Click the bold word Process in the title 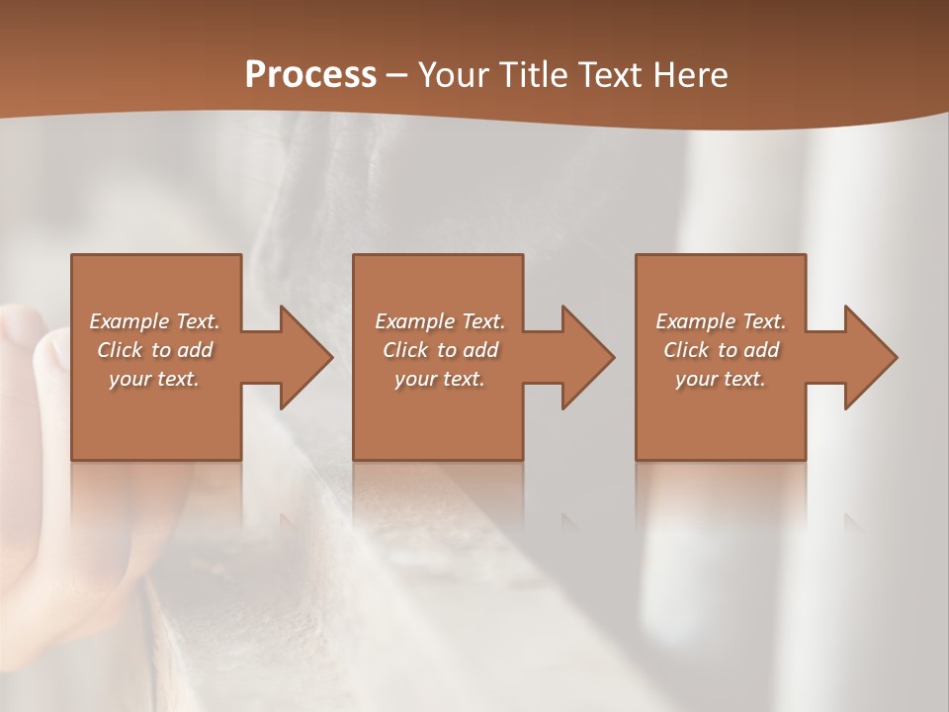click(x=310, y=74)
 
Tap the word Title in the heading click(x=528, y=74)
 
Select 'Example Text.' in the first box click(x=154, y=321)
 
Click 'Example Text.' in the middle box click(x=440, y=321)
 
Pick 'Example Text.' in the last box click(x=721, y=321)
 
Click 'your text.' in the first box click(x=154, y=379)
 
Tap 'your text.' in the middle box click(x=440, y=379)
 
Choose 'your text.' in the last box click(x=721, y=379)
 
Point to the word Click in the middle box click(x=405, y=350)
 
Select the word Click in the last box click(x=686, y=350)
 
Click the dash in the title click(x=396, y=75)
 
